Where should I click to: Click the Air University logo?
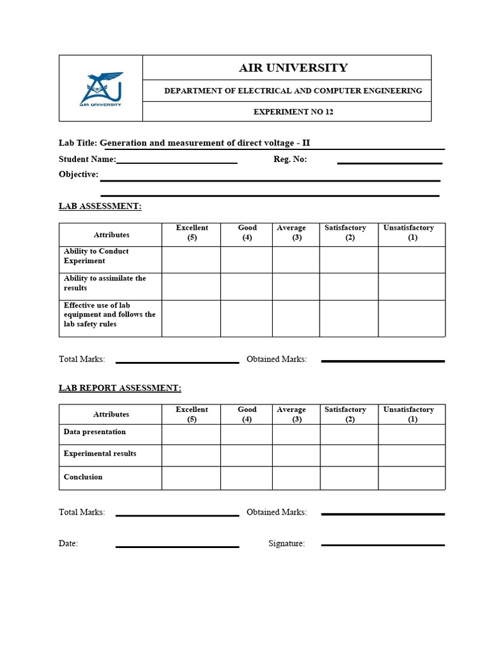coord(101,89)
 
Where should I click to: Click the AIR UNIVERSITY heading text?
coord(293,68)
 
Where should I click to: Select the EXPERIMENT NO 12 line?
coord(293,112)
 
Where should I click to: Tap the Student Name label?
coord(87,159)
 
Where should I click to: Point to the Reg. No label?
coord(290,159)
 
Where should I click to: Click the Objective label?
coord(78,175)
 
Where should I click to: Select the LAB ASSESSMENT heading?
coord(100,206)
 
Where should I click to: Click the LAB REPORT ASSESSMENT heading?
coord(120,388)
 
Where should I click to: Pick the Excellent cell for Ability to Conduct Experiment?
coord(191,259)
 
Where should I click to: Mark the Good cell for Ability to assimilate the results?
coord(246,287)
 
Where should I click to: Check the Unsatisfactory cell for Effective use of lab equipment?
coord(412,318)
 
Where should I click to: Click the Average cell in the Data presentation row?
coord(296,434)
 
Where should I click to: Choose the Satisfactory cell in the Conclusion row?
coord(349,478)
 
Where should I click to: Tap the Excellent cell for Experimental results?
coord(191,455)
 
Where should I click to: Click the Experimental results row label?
coord(100,454)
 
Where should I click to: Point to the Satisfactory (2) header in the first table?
coord(346,233)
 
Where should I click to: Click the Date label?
coord(68,544)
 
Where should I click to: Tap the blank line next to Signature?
coord(383,545)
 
